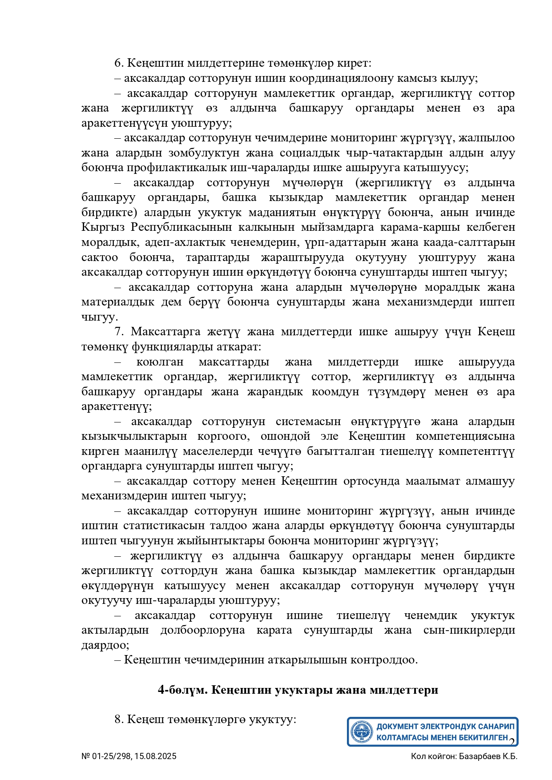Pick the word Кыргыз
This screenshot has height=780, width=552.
click(x=103, y=227)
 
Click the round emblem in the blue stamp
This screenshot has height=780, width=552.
click(x=362, y=732)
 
